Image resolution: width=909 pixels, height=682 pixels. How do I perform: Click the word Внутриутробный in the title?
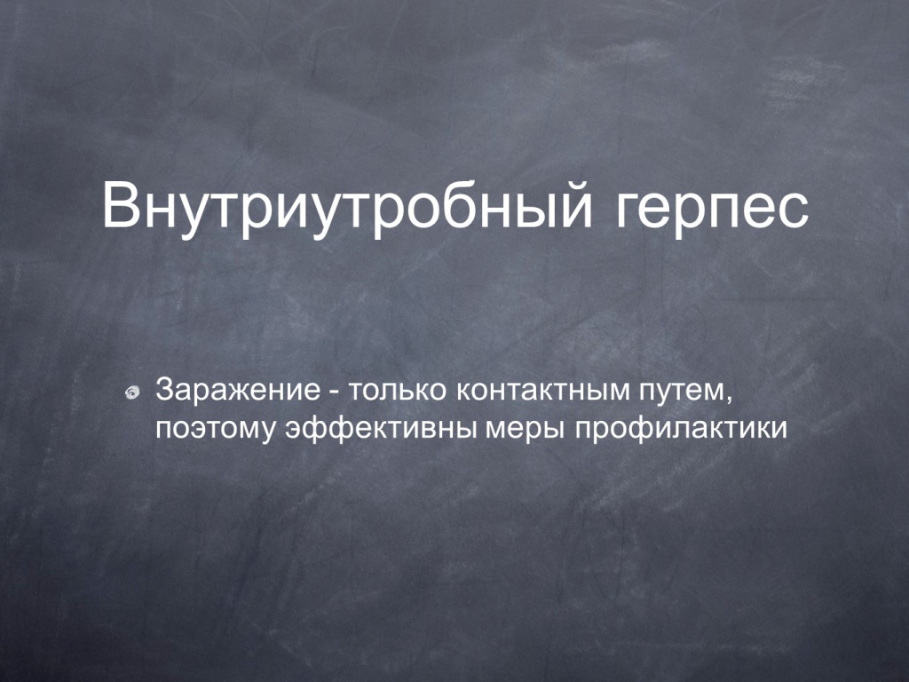click(x=347, y=207)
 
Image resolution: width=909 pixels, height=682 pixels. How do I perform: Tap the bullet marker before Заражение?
click(x=133, y=393)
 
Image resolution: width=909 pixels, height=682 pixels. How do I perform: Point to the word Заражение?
click(x=238, y=390)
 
